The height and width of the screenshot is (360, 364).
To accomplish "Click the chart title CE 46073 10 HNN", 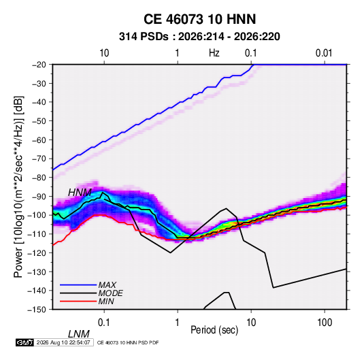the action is (x=199, y=19).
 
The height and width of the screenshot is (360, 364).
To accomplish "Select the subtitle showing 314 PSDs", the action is (x=199, y=37).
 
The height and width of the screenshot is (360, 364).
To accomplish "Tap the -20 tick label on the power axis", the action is (x=39, y=65).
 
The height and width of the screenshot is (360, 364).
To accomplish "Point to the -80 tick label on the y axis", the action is (x=39, y=178).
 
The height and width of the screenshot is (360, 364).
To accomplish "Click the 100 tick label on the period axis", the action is (x=325, y=323).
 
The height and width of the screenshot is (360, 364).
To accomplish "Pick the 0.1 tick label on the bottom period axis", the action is (x=104, y=323).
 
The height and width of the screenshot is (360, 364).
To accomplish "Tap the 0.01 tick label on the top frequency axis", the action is (x=324, y=53).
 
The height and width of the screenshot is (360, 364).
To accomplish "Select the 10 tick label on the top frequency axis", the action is (x=104, y=53).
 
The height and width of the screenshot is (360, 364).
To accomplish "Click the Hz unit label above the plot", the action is (x=214, y=53).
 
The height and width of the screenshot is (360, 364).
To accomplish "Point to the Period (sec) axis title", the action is (x=214, y=330).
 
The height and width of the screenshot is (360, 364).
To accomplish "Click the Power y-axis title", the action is (x=18, y=187).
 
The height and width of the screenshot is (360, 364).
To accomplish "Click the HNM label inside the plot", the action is (x=80, y=193).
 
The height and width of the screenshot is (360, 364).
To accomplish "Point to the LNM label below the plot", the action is (x=78, y=334).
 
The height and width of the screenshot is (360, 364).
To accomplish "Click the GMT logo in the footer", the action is (x=24, y=342).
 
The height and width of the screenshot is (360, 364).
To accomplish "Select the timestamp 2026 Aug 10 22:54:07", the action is (x=63, y=342).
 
